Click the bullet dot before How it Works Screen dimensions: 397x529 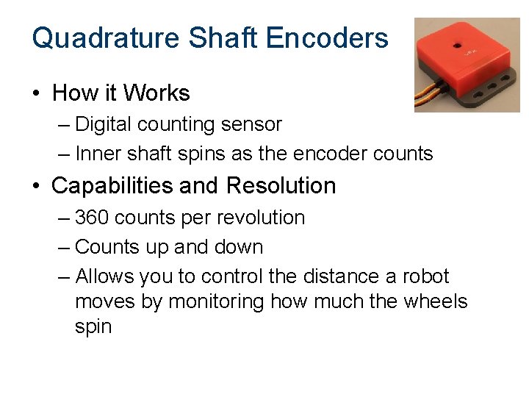point(36,94)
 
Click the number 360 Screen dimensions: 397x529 point(92,218)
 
